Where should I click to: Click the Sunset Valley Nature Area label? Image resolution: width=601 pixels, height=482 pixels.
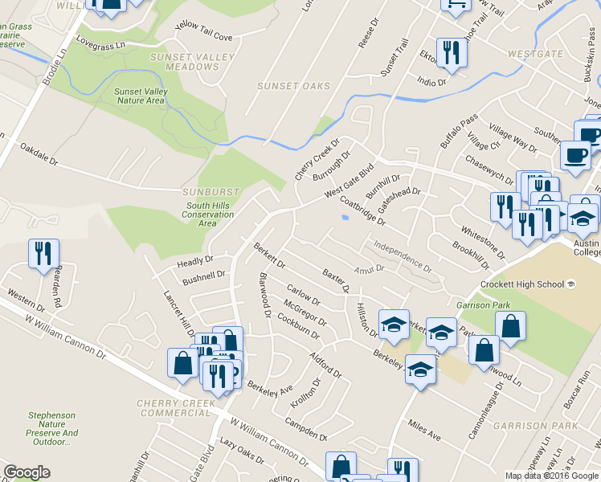[141, 96]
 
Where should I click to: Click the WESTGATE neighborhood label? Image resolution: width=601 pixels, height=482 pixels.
[536, 54]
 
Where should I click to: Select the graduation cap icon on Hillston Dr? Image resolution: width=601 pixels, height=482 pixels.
[394, 325]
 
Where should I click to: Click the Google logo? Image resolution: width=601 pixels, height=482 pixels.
[27, 472]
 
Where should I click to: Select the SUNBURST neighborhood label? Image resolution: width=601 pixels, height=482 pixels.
[211, 193]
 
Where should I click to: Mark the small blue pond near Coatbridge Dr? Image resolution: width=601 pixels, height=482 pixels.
[345, 217]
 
